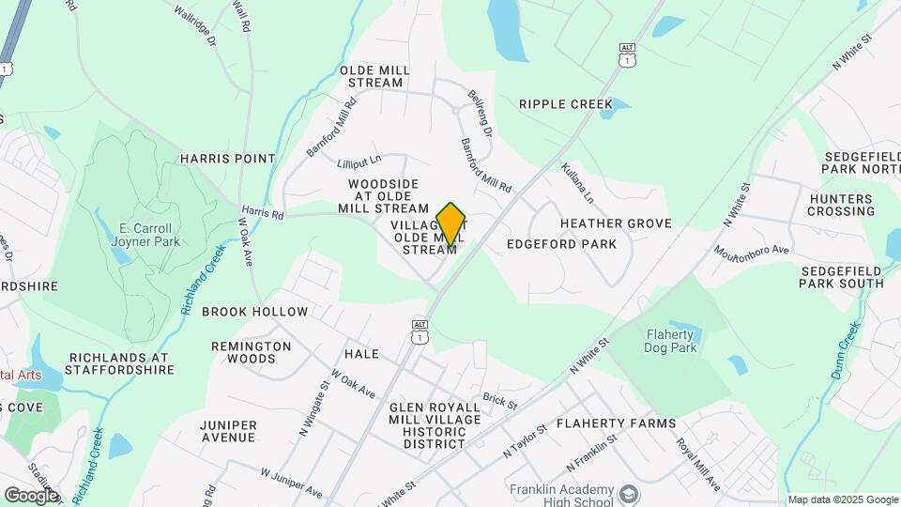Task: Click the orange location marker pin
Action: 451,223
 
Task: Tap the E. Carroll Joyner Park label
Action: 145,234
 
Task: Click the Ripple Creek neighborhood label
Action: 565,104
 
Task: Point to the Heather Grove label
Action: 616,223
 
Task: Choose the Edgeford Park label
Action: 561,244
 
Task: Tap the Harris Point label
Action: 228,159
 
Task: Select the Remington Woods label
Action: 251,352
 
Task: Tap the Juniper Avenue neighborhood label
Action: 228,431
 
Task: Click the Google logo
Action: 31,495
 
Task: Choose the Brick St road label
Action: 500,401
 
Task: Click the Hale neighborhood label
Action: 361,354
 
